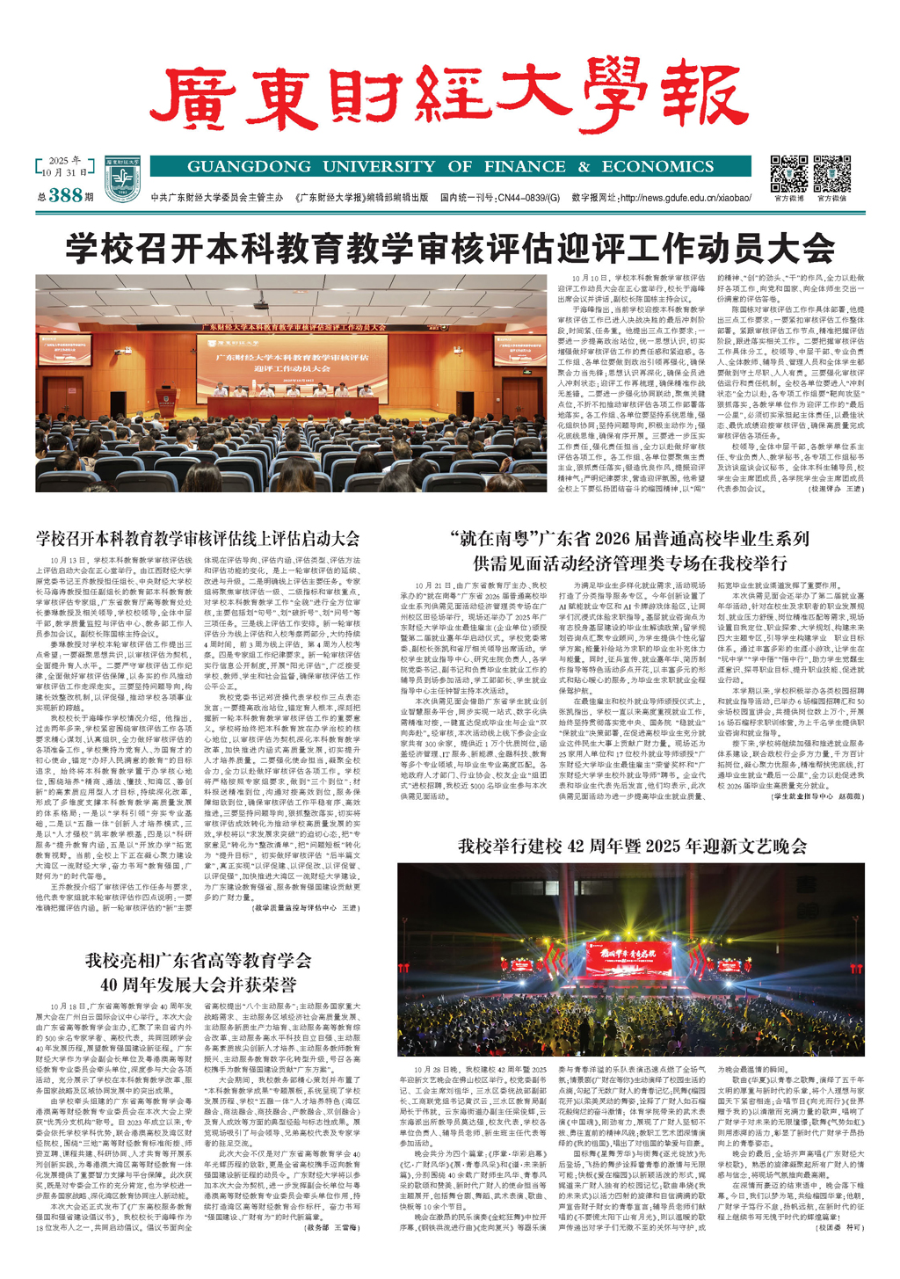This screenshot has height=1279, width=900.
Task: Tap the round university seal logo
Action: click(122, 178)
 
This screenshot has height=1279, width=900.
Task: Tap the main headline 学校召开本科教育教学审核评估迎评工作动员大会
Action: click(450, 248)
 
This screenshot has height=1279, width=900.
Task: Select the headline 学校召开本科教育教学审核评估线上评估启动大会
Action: click(198, 539)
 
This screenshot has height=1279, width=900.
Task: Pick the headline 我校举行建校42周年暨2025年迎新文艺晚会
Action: click(632, 846)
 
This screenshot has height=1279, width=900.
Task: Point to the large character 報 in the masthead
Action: click(701, 95)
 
